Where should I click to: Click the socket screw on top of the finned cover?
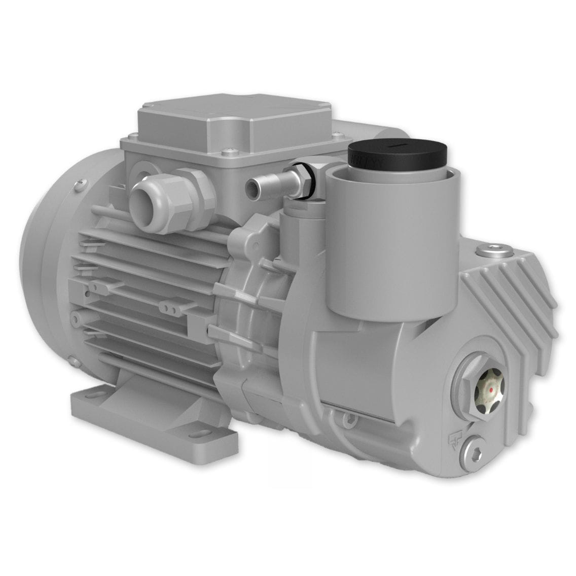(492, 250)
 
